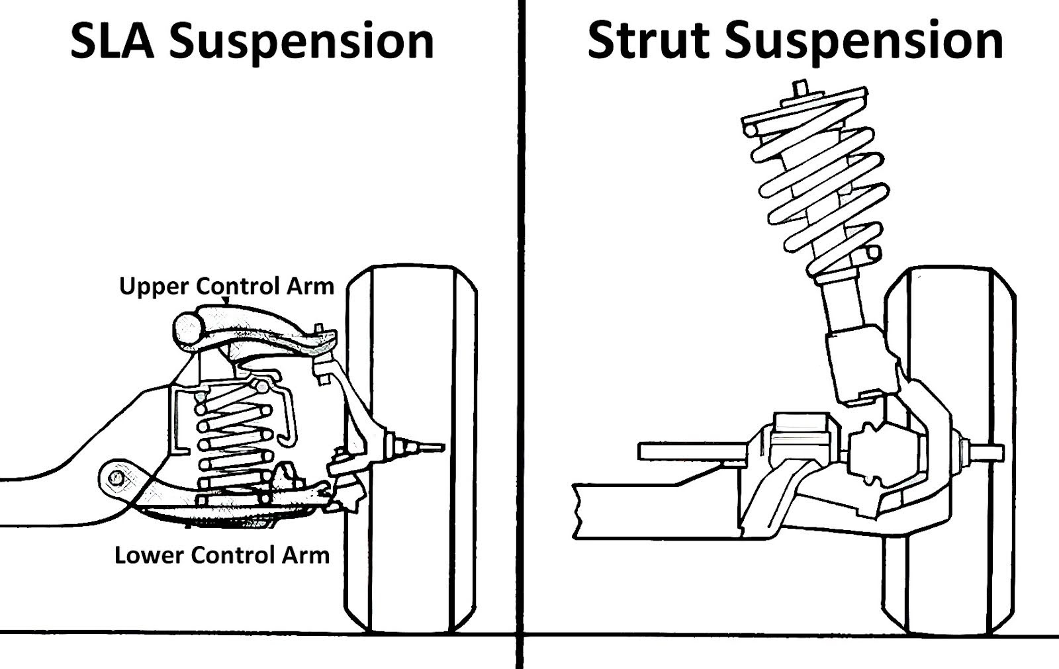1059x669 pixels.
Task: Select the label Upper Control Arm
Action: [226, 287]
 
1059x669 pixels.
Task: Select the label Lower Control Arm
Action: [222, 555]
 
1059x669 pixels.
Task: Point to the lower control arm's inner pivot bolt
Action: [118, 476]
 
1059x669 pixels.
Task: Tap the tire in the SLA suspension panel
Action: [410, 450]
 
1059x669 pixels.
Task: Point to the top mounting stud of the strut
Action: [800, 88]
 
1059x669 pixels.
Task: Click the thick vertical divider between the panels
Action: [520, 331]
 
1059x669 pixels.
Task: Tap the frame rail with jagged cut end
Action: [655, 510]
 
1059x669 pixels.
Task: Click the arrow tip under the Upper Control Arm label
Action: [226, 302]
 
